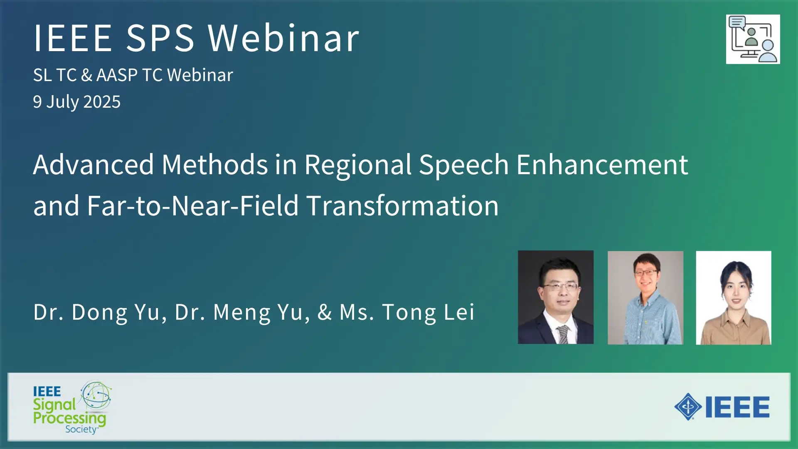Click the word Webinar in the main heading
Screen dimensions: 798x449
[x=283, y=38]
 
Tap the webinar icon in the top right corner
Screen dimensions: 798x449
[x=753, y=39]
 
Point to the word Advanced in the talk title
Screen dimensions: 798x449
[x=94, y=164]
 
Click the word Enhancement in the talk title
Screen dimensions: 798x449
[x=602, y=164]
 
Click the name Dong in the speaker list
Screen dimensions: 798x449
[x=99, y=313]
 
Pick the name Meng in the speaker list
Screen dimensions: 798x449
[x=241, y=313]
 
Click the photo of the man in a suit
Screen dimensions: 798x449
[x=556, y=297]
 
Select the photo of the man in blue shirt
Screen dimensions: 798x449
[x=645, y=298]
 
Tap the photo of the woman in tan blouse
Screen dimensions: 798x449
[x=734, y=298]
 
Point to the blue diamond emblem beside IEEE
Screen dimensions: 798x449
[x=688, y=407]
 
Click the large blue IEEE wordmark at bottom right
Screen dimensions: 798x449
[x=737, y=407]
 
